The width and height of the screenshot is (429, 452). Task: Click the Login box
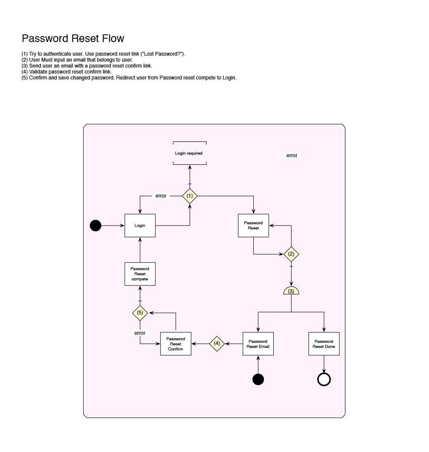(x=140, y=226)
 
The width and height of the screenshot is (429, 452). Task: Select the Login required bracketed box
(x=189, y=153)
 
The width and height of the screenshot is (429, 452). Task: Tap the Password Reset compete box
(x=140, y=274)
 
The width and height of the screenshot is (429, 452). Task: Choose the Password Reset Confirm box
(x=175, y=344)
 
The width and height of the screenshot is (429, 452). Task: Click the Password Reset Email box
(x=258, y=344)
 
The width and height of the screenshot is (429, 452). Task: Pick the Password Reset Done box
(x=324, y=344)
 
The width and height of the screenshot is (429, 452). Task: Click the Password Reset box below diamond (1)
(x=253, y=226)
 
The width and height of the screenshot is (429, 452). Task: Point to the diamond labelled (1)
(x=190, y=196)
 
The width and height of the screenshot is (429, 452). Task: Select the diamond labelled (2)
(x=291, y=254)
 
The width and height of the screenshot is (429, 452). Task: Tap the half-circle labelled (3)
(x=291, y=291)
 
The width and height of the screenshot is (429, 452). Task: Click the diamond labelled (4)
(x=217, y=343)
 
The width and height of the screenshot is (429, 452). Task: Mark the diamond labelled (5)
(x=140, y=313)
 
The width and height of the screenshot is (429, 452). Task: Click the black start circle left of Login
(x=95, y=226)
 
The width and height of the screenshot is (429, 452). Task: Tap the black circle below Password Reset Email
(x=258, y=379)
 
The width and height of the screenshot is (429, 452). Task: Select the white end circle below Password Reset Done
(x=324, y=379)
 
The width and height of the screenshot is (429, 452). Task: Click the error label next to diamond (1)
(x=161, y=196)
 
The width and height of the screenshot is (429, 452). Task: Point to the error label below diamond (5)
(x=140, y=333)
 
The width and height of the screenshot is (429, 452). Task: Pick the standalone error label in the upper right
(x=292, y=155)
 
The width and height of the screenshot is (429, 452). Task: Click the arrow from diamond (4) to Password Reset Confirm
(x=200, y=343)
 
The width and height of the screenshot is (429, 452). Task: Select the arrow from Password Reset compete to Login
(x=140, y=250)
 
